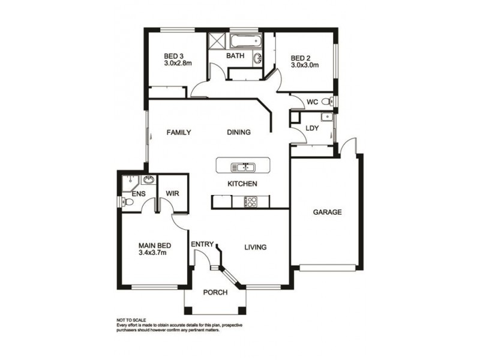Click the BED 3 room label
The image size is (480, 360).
tap(173, 58)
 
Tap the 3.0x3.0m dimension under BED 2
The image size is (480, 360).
tap(304, 65)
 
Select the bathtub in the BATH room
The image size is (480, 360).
tap(245, 41)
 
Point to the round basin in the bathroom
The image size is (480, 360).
tap(258, 59)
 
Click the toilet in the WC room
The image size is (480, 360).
tap(327, 101)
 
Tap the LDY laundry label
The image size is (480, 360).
tap(311, 128)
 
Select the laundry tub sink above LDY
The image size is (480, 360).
tap(325, 116)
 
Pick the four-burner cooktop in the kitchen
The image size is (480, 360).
tap(250, 202)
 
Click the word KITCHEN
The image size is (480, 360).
tap(242, 184)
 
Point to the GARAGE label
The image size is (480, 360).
tap(327, 212)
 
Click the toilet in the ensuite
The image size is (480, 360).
tap(127, 202)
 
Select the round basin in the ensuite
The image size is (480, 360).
tap(148, 179)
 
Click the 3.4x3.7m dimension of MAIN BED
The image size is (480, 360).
tap(152, 253)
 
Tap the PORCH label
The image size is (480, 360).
tap(215, 293)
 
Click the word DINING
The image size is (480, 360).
tap(239, 133)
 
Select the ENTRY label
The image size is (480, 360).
tap(202, 244)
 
